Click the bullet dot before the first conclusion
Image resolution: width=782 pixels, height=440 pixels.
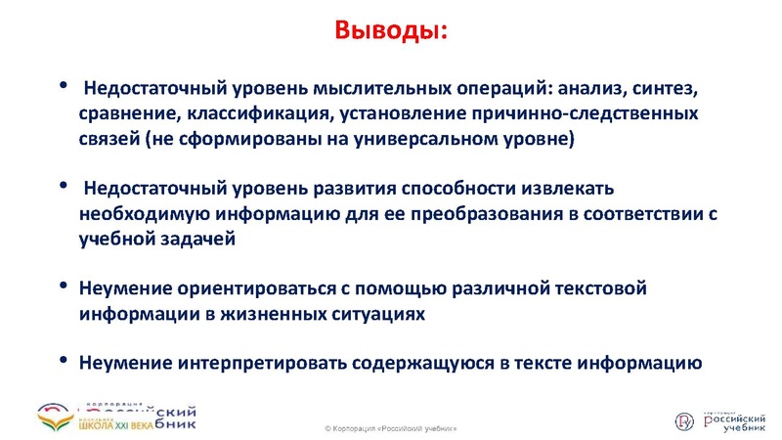click(64, 86)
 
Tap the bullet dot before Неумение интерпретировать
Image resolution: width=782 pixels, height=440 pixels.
click(64, 361)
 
